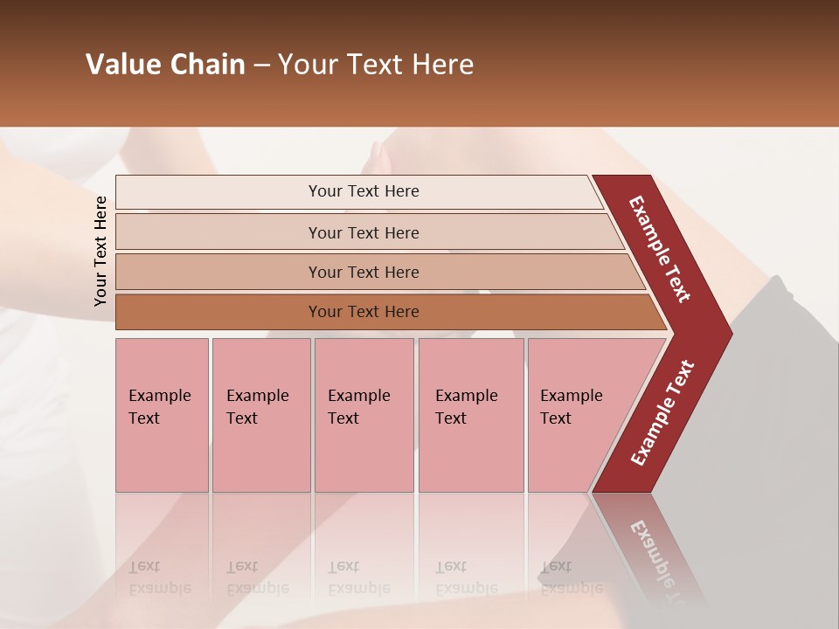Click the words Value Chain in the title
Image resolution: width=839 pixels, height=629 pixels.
pyautogui.click(x=165, y=65)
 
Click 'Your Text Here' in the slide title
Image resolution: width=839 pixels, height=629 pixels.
pyautogui.click(x=376, y=65)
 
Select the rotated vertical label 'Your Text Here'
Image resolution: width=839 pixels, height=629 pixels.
pyautogui.click(x=101, y=251)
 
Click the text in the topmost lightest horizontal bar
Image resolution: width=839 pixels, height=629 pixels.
pyautogui.click(x=364, y=191)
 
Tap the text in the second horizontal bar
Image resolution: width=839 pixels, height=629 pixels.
pyautogui.click(x=364, y=233)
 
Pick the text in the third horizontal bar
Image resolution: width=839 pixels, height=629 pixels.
pyautogui.click(x=364, y=273)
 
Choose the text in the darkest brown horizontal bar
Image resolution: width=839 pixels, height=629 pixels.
pyautogui.click(x=364, y=312)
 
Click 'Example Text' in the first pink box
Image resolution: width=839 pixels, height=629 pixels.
pyautogui.click(x=159, y=407)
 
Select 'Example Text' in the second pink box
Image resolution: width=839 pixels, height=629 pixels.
pyautogui.click(x=257, y=407)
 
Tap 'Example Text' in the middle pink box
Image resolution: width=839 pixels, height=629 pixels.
pyautogui.click(x=358, y=407)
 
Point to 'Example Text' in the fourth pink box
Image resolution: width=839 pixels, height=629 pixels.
pyautogui.click(x=466, y=407)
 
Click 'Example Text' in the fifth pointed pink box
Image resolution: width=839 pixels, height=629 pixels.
pyautogui.click(x=571, y=407)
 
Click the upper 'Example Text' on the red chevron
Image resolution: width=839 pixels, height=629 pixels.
pyautogui.click(x=660, y=249)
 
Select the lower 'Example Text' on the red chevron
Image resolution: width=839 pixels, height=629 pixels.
pyautogui.click(x=662, y=413)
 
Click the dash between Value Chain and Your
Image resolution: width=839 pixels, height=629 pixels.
pyautogui.click(x=261, y=66)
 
